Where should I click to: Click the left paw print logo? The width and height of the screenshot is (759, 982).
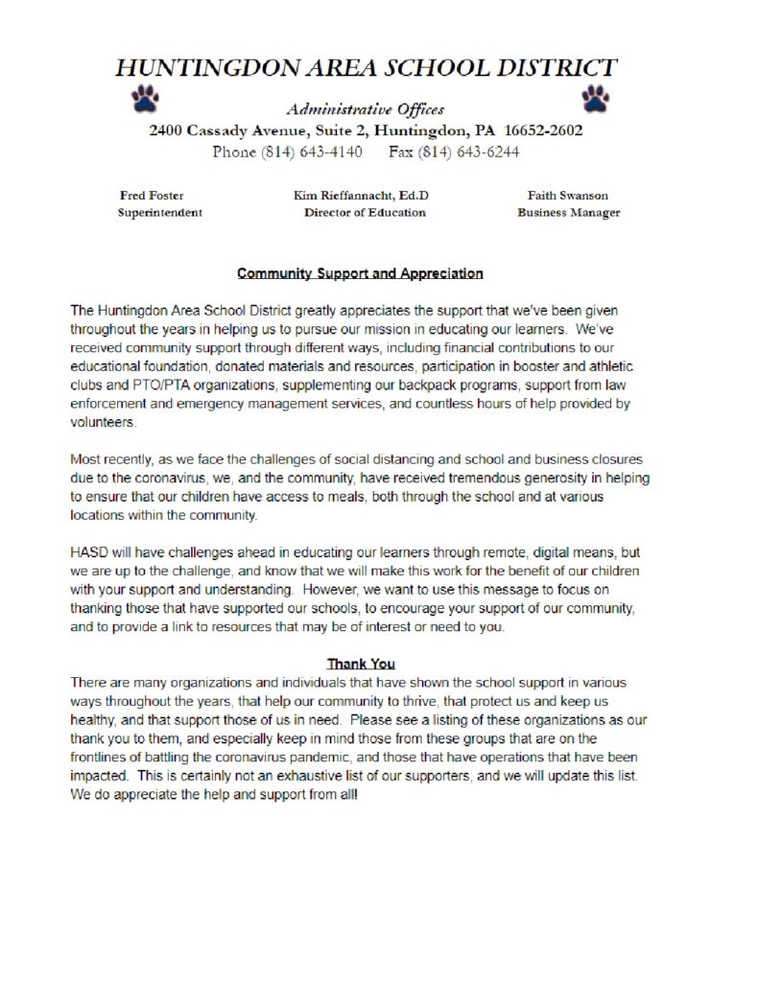(147, 98)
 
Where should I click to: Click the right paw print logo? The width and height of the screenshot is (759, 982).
(595, 98)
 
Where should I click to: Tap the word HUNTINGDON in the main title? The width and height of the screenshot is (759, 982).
(208, 68)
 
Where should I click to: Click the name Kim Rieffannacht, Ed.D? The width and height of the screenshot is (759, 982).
(361, 196)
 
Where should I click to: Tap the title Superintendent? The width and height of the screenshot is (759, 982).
(159, 213)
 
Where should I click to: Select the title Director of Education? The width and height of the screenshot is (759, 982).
(365, 213)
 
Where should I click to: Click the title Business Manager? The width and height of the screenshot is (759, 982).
(568, 213)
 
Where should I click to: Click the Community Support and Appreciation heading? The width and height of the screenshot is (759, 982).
(360, 273)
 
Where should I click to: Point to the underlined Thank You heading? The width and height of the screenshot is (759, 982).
(361, 664)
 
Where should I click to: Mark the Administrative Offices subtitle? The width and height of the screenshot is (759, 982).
(365, 109)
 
